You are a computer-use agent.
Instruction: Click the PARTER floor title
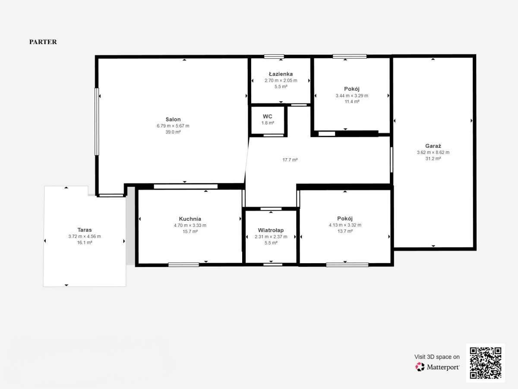pyautogui.click(x=43, y=42)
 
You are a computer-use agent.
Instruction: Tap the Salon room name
pyautogui.click(x=173, y=119)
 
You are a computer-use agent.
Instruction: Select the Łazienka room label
pyautogui.click(x=281, y=74)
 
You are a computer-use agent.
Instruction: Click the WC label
pyautogui.click(x=267, y=116)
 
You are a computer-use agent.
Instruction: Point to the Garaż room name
pyautogui.click(x=433, y=146)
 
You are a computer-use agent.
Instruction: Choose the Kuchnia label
pyautogui.click(x=190, y=219)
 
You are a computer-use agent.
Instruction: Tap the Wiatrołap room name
pyautogui.click(x=271, y=230)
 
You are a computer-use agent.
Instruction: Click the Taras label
pyautogui.click(x=85, y=230)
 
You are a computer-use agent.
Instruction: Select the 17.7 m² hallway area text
pyautogui.click(x=290, y=160)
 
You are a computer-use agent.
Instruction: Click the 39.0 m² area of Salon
pyautogui.click(x=173, y=132)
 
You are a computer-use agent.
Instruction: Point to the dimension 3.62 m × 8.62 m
pyautogui.click(x=433, y=153)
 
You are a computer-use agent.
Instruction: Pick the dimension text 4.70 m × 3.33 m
pyautogui.click(x=190, y=225)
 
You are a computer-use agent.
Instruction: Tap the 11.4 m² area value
pyautogui.click(x=352, y=102)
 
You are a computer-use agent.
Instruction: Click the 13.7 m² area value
pyautogui.click(x=345, y=231)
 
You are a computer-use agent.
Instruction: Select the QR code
pyautogui.click(x=486, y=363)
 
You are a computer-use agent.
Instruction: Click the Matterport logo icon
pyautogui.click(x=420, y=367)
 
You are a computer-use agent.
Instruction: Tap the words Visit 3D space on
pyautogui.click(x=437, y=357)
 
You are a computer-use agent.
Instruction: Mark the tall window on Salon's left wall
pyautogui.click(x=97, y=121)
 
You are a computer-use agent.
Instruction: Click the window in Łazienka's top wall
pyautogui.click(x=274, y=57)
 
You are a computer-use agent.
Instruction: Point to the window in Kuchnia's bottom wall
pyautogui.click(x=183, y=265)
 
